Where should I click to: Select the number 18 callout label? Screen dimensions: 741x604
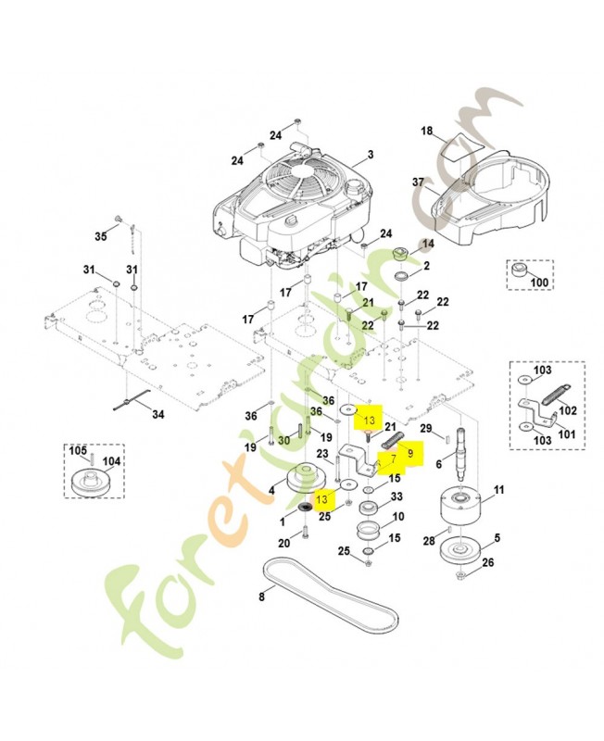427,132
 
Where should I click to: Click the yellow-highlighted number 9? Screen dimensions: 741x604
410,453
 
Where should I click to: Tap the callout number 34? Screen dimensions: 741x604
157,415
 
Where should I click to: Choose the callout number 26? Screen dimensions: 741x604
488,561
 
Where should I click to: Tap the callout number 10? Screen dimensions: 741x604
397,517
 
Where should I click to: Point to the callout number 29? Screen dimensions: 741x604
425,428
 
